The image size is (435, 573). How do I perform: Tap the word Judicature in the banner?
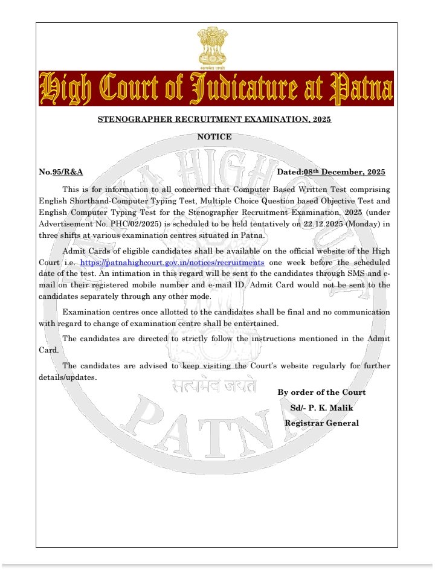coord(240,89)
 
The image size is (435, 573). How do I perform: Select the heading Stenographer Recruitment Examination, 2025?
coord(214,120)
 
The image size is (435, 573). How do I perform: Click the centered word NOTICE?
coord(214,137)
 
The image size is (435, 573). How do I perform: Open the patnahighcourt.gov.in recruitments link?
coord(172,263)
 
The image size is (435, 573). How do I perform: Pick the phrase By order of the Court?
coord(321,392)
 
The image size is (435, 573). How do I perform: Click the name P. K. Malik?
coord(331,408)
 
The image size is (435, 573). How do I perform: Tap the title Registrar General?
coord(321,423)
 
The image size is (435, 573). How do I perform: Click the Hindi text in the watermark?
coord(213,385)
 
